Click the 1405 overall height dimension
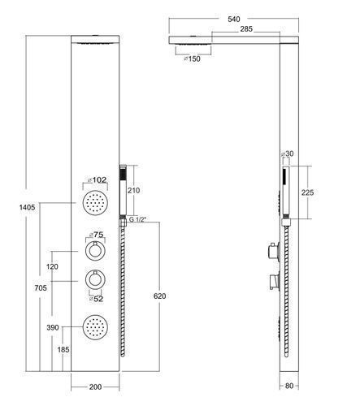[x=28, y=208]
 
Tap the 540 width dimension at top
[x=234, y=19]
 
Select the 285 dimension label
[x=246, y=29]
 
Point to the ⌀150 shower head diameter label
[x=192, y=58]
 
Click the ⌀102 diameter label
[x=98, y=179]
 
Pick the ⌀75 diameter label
[x=97, y=235]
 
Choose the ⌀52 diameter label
[x=96, y=299]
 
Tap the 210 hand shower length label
[x=134, y=191]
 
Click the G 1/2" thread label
[x=137, y=219]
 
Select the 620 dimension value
[x=159, y=296]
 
